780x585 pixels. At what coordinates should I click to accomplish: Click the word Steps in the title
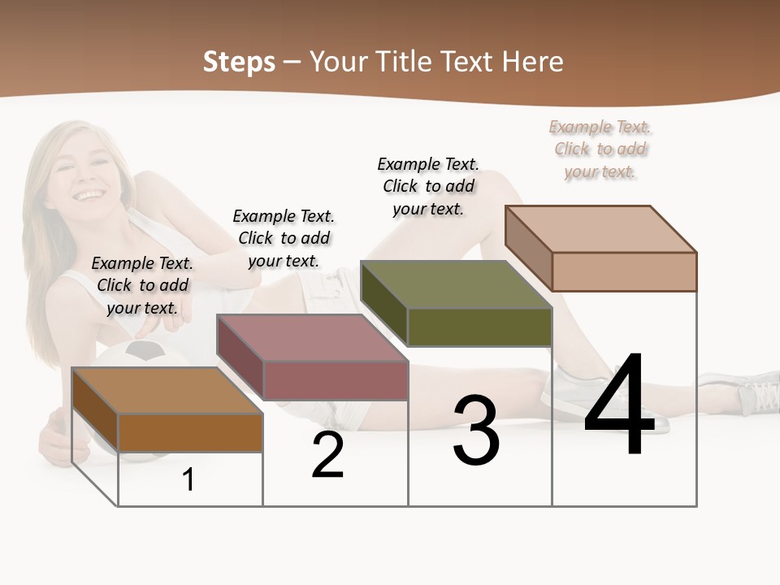click(x=238, y=62)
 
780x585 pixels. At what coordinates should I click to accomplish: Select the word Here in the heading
click(x=532, y=62)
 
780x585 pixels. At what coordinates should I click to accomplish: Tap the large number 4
click(x=619, y=406)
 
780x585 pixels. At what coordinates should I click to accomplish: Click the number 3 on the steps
click(x=476, y=431)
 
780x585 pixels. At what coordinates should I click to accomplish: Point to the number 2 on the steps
click(x=327, y=456)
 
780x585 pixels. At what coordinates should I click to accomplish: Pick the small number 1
click(x=188, y=479)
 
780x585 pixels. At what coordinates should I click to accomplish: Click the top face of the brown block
click(x=167, y=391)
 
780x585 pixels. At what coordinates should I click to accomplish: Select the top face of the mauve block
click(x=311, y=338)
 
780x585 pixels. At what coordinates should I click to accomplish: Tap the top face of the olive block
click(x=456, y=284)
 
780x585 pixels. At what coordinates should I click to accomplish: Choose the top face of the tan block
click(x=600, y=229)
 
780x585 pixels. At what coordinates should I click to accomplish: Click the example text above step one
click(x=142, y=285)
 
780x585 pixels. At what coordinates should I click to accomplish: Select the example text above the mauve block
click(x=284, y=238)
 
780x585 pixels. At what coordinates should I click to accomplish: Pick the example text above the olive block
click(x=428, y=186)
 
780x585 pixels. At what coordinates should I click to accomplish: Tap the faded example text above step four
click(x=600, y=149)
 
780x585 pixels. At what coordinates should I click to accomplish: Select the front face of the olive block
click(x=479, y=327)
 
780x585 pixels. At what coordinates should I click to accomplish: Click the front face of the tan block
click(x=624, y=271)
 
